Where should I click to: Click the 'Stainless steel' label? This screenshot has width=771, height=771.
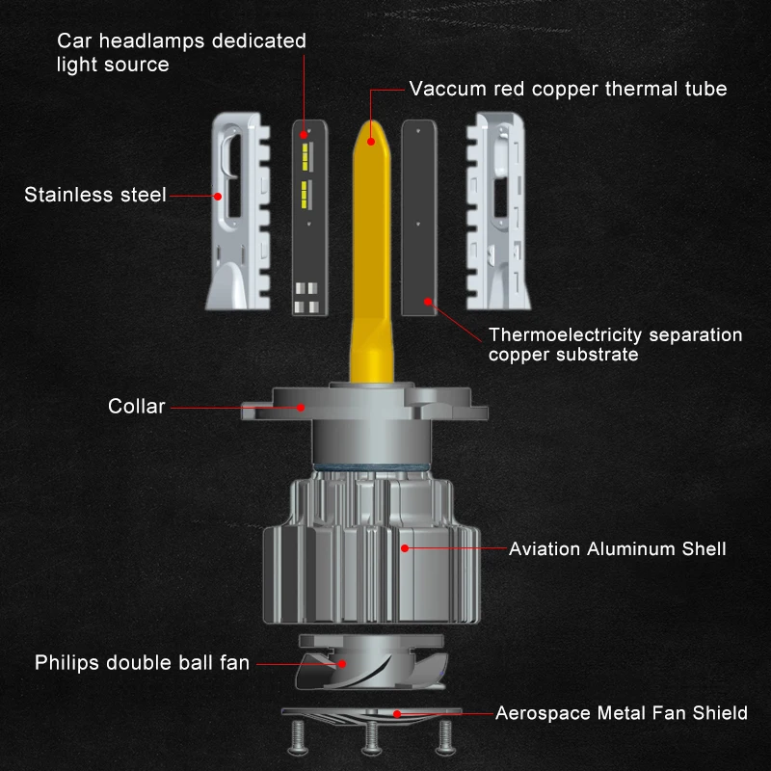coord(94,195)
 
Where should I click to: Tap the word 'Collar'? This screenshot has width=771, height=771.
coord(136,406)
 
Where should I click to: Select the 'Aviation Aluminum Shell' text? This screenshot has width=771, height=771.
coord(617,548)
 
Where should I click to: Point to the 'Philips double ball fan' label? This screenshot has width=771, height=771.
coord(142,662)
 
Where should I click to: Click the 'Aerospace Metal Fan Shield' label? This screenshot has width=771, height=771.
coord(621,713)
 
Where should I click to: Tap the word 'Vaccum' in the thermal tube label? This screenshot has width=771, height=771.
coord(447,89)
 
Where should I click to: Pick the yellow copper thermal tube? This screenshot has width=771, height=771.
coord(372,251)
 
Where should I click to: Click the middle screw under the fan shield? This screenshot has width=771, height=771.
coord(371,737)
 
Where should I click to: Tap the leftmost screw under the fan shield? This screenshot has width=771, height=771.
coord(298,737)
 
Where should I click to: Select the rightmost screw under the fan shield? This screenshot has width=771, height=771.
coord(445,737)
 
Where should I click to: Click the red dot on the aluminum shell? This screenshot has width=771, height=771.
coord(405,547)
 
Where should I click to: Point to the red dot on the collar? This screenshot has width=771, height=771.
coord(301,407)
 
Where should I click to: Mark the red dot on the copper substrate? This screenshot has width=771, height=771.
coord(428,302)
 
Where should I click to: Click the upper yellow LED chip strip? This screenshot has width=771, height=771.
coord(305,157)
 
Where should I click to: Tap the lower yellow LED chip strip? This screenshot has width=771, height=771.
coord(305,195)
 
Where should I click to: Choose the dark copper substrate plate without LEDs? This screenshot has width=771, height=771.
coord(419,218)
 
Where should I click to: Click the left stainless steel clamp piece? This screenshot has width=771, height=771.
coord(238,211)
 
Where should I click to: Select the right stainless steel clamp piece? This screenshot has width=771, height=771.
coord(498,211)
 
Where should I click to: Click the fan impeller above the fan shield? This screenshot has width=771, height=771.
coord(372,662)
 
